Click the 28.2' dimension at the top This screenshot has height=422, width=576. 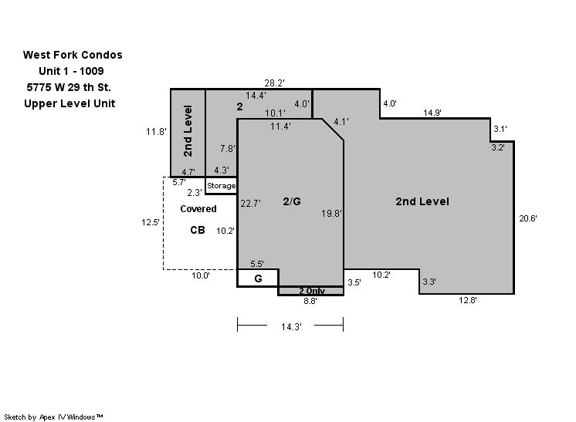274,83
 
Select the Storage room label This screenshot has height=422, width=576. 221,186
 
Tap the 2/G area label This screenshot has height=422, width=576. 292,201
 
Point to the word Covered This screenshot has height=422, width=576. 198,209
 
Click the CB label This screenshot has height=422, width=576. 198,230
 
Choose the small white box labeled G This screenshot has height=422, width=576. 258,279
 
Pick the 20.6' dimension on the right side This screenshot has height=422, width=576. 528,218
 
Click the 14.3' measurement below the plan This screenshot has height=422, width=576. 291,326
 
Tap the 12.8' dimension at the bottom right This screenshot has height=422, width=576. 468,300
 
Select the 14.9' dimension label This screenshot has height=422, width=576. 432,113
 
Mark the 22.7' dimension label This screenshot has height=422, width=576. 250,204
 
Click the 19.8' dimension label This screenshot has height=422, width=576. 331,213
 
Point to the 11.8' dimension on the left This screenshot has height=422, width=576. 156,132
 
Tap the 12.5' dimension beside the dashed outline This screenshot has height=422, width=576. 151,222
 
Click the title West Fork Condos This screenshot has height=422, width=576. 73,55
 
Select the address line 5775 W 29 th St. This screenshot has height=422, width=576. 69,87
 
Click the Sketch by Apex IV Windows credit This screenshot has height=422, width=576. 53,417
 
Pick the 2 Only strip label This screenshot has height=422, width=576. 311,291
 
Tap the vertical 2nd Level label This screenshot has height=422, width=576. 188,131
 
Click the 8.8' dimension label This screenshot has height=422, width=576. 310,302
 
